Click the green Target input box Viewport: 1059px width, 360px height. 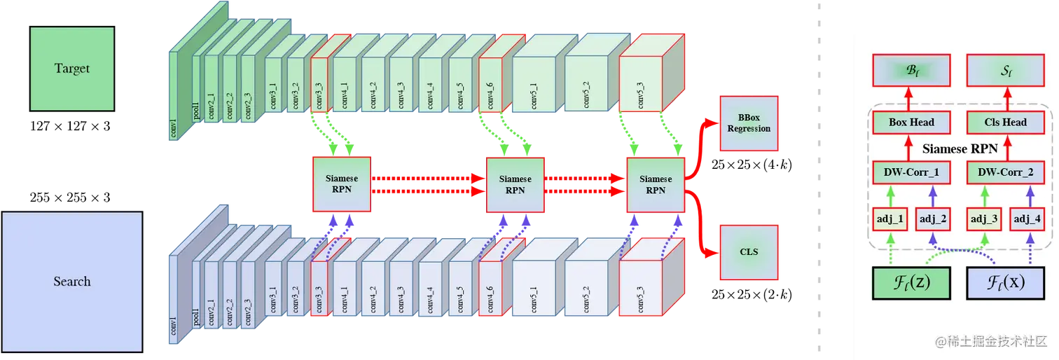(x=72, y=69)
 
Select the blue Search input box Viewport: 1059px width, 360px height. (x=72, y=281)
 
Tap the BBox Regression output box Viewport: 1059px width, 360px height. (x=749, y=124)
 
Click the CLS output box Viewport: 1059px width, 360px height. (x=749, y=252)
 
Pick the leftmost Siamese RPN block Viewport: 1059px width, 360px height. (x=342, y=184)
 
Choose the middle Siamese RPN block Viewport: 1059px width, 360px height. (x=515, y=184)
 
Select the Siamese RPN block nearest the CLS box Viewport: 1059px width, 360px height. (x=656, y=184)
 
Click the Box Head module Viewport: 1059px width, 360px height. (x=911, y=122)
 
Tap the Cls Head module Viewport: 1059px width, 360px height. (x=1005, y=122)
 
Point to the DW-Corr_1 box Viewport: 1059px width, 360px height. (x=911, y=171)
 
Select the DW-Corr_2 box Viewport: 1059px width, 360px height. (x=1005, y=171)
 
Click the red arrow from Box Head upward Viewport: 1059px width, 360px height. (x=911, y=97)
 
